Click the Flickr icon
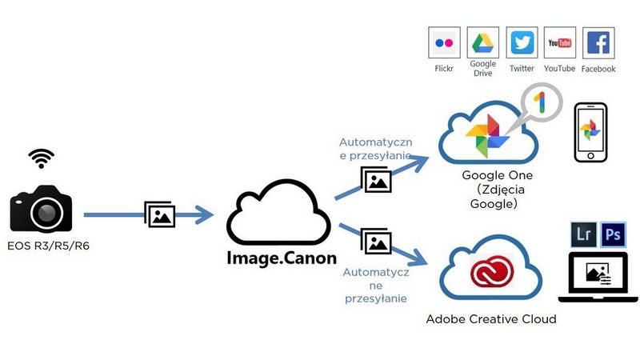pyautogui.click(x=444, y=43)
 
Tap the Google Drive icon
pyautogui.click(x=482, y=43)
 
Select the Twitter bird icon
pyautogui.click(x=522, y=43)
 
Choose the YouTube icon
pyautogui.click(x=560, y=43)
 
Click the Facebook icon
pyautogui.click(x=599, y=43)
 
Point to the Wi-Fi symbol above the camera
pyautogui.click(x=41, y=158)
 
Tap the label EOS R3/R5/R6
pyautogui.click(x=47, y=246)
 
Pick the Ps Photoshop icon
pyautogui.click(x=614, y=234)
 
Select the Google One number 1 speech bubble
pyautogui.click(x=540, y=103)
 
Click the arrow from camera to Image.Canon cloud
pyautogui.click(x=148, y=214)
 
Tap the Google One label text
pyautogui.click(x=497, y=176)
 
